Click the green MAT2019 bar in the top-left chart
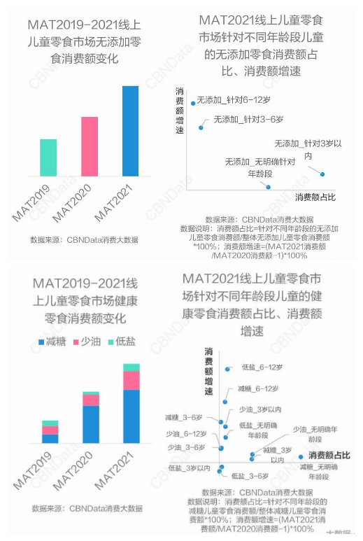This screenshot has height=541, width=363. coord(48,157)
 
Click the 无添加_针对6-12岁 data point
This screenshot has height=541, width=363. coord(193,104)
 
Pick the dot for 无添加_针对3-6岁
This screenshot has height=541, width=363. coord(201,127)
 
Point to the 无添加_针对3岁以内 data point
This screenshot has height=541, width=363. coord(323,174)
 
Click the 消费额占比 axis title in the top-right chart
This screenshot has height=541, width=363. coord(315,197)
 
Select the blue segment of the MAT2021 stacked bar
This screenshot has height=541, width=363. coord(131,416)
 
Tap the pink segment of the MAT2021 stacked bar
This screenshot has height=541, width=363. coord(131,380)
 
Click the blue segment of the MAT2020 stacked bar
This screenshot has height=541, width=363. coord(90,424)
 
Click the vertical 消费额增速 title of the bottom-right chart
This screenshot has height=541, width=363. coord(208,372)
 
